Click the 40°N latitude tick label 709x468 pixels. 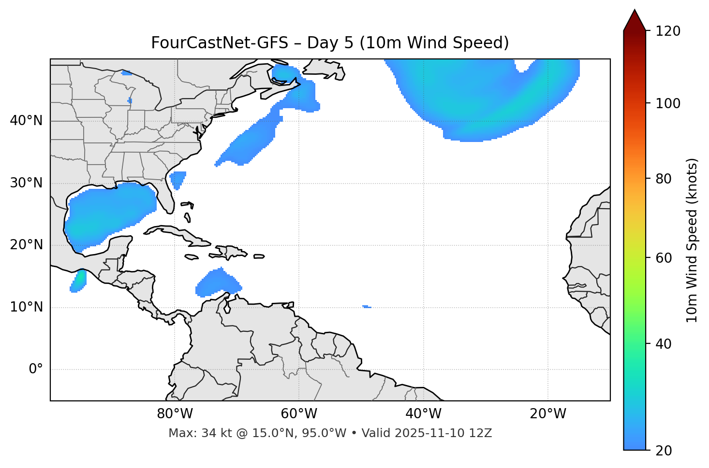(26, 121)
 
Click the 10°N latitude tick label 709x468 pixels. (26, 307)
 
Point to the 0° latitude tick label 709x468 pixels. (36, 369)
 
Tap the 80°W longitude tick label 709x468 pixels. (175, 414)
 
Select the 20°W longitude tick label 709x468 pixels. (548, 414)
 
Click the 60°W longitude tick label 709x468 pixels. (299, 414)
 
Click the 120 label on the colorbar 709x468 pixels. (668, 31)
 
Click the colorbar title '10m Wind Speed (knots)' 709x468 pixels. (692, 241)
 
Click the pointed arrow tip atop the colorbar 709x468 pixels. (635, 12)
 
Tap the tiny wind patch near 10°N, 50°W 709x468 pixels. (367, 307)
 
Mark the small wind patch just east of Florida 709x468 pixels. (177, 180)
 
